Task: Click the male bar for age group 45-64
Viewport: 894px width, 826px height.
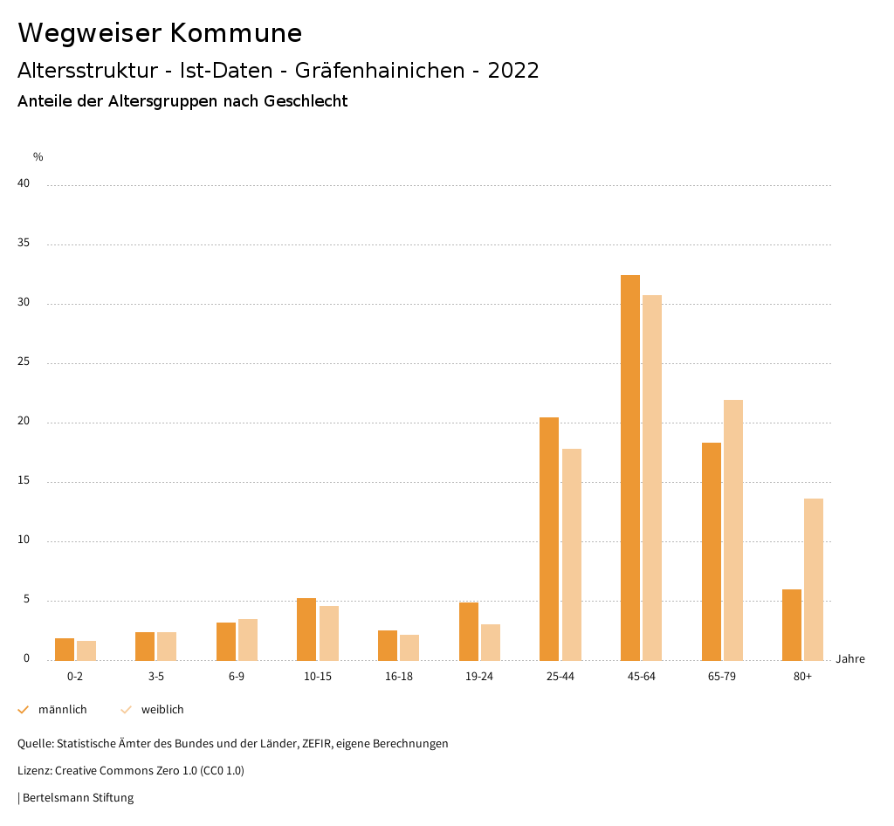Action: click(x=629, y=467)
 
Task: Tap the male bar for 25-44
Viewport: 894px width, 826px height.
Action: click(x=549, y=538)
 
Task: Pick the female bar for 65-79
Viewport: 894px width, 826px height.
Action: click(x=733, y=529)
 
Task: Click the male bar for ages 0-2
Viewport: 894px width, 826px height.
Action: click(x=65, y=649)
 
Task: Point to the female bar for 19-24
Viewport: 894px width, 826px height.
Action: click(x=491, y=642)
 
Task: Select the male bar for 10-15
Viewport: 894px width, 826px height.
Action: click(x=306, y=629)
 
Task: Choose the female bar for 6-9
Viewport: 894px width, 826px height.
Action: click(x=248, y=639)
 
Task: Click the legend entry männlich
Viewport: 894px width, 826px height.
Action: click(x=62, y=709)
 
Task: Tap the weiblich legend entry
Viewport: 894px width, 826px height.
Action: click(x=162, y=709)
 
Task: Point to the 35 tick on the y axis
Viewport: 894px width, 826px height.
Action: click(x=24, y=244)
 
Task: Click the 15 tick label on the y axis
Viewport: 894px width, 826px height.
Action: click(x=24, y=481)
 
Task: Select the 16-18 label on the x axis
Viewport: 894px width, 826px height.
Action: click(x=399, y=677)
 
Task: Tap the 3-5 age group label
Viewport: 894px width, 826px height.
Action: click(x=156, y=677)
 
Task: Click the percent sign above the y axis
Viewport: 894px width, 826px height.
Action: click(x=38, y=157)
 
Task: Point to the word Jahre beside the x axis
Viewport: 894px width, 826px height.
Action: click(x=849, y=658)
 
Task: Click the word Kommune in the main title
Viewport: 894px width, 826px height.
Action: click(x=236, y=33)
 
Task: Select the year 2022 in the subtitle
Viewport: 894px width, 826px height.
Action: click(x=513, y=71)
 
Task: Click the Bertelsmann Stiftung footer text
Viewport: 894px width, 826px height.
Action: click(x=78, y=797)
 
